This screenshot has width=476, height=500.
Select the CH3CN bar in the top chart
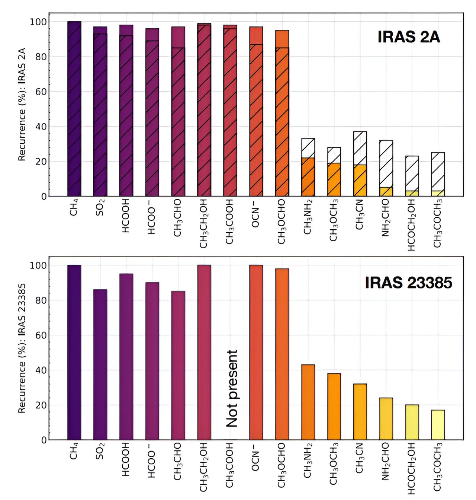(x=360, y=164)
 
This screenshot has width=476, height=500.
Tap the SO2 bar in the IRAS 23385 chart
(x=100, y=364)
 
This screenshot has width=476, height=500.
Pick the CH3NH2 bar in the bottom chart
(x=308, y=402)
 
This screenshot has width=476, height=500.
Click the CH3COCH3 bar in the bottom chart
(x=438, y=425)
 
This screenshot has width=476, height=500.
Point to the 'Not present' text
(x=232, y=388)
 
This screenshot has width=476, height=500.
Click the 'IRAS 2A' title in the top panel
(x=408, y=37)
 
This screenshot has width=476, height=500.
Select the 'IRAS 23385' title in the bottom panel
(x=408, y=283)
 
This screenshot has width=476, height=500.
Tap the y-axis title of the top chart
(x=22, y=104)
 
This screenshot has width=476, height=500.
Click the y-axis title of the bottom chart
(x=22, y=348)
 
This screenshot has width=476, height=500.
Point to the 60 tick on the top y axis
(x=41, y=92)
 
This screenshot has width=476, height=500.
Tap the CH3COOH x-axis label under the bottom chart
(x=230, y=465)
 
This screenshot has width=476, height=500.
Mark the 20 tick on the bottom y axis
(x=41, y=405)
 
